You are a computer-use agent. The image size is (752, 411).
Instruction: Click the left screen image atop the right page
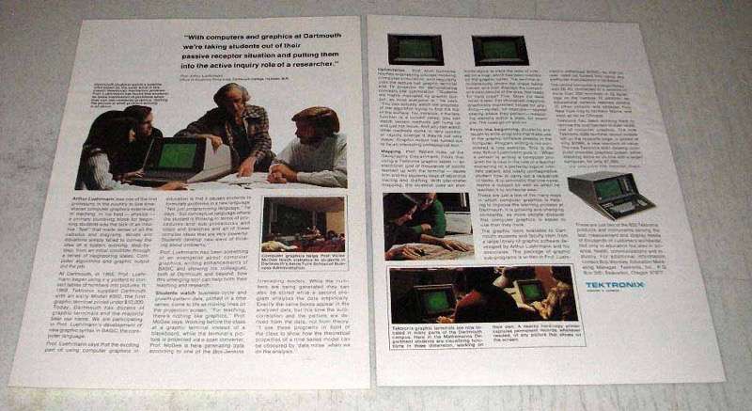pos(411,50)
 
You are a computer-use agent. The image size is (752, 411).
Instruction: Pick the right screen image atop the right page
pos(496,50)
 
